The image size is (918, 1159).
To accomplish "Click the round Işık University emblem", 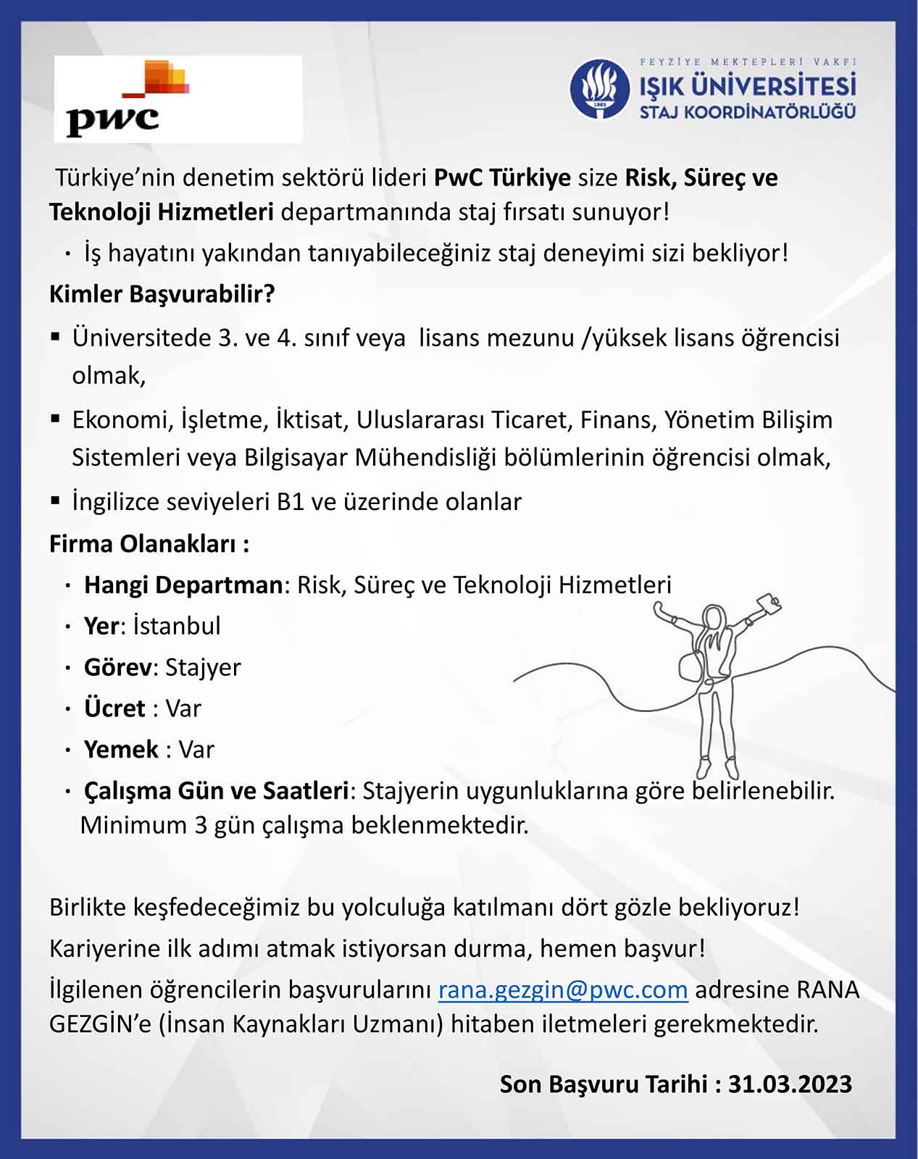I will click(x=599, y=89).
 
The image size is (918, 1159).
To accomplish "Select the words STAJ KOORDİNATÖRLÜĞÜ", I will click(x=747, y=112).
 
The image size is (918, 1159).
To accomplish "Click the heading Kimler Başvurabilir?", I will click(x=162, y=294).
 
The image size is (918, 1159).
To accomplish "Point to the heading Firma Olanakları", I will click(x=149, y=543).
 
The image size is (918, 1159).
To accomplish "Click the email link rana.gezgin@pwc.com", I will click(x=563, y=989).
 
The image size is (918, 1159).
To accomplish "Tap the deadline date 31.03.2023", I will click(x=790, y=1084).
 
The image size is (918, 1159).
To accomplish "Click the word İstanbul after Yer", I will click(x=177, y=626).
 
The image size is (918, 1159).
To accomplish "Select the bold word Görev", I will click(x=117, y=667).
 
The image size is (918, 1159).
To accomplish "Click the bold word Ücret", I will click(x=114, y=708).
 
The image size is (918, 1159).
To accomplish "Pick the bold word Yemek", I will click(x=121, y=749).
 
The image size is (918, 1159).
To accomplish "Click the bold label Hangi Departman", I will click(x=183, y=585).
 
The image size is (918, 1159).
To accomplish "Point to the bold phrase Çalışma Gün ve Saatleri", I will click(x=217, y=790).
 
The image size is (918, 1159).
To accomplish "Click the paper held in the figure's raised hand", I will click(x=768, y=603).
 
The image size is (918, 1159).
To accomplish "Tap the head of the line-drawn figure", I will click(x=713, y=619).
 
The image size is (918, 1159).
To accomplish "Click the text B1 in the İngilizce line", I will click(x=291, y=501).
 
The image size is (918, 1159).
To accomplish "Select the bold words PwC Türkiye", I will click(x=502, y=177).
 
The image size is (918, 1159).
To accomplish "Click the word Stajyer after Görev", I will click(x=203, y=667).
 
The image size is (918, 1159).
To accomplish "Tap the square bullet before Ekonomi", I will click(x=56, y=419).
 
